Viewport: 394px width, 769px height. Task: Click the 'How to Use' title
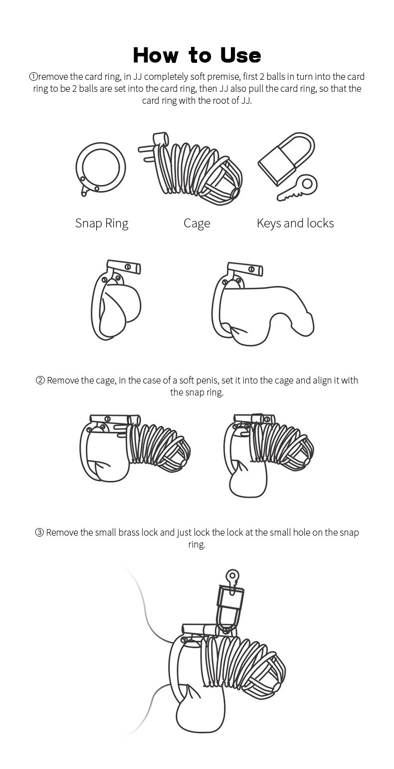[x=197, y=55]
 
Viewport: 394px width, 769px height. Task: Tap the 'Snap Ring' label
[x=102, y=223]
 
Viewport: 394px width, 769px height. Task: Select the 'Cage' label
[x=197, y=223]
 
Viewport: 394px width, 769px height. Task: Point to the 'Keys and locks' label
[x=295, y=223]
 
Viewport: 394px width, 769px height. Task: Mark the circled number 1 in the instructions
[x=33, y=77]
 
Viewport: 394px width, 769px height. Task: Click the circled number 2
[x=40, y=381]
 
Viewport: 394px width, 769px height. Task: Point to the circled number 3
[x=39, y=533]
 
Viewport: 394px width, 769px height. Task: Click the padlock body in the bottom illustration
[x=230, y=604]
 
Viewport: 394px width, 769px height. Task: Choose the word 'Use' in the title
[x=240, y=55]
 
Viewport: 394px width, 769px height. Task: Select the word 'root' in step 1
[x=223, y=100]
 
